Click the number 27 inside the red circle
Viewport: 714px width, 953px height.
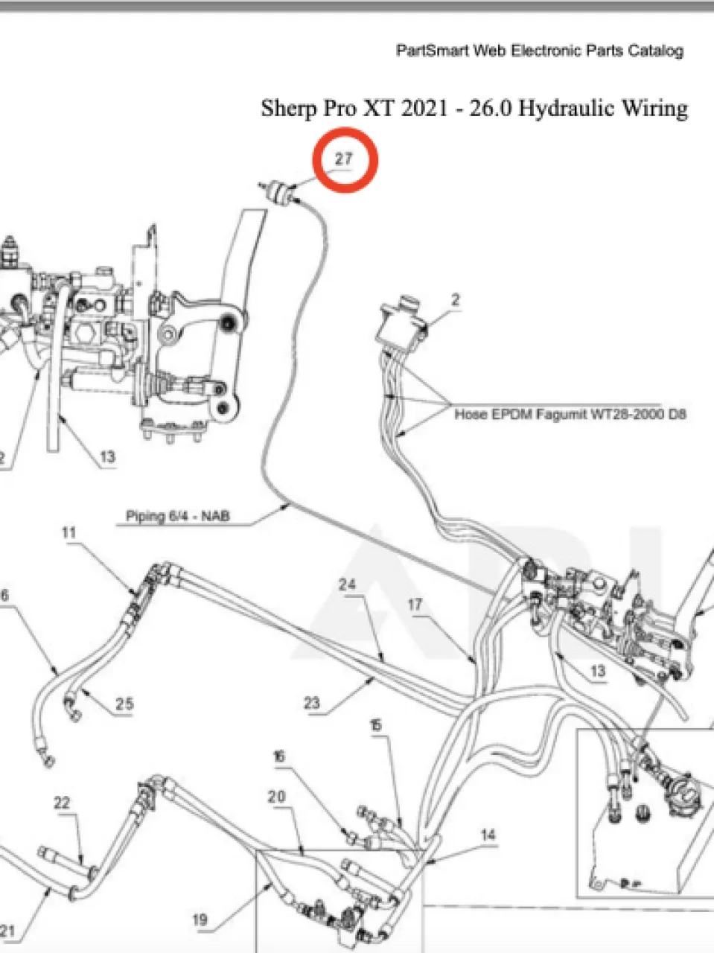coord(344,159)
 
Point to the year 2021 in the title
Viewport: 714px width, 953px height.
coord(424,108)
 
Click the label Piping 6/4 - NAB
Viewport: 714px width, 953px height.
coord(178,516)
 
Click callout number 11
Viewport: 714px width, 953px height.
coord(69,533)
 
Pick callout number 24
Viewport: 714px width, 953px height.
coord(347,584)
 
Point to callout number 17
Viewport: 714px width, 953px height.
coord(415,605)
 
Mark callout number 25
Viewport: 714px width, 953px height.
coord(124,704)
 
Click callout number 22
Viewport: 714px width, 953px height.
coord(62,803)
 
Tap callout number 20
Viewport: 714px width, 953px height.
coord(276,796)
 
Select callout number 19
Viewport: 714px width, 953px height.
coord(200,919)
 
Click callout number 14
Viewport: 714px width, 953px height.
coord(488,835)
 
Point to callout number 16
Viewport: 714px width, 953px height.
coord(279,756)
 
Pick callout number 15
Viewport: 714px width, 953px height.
coord(376,724)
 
